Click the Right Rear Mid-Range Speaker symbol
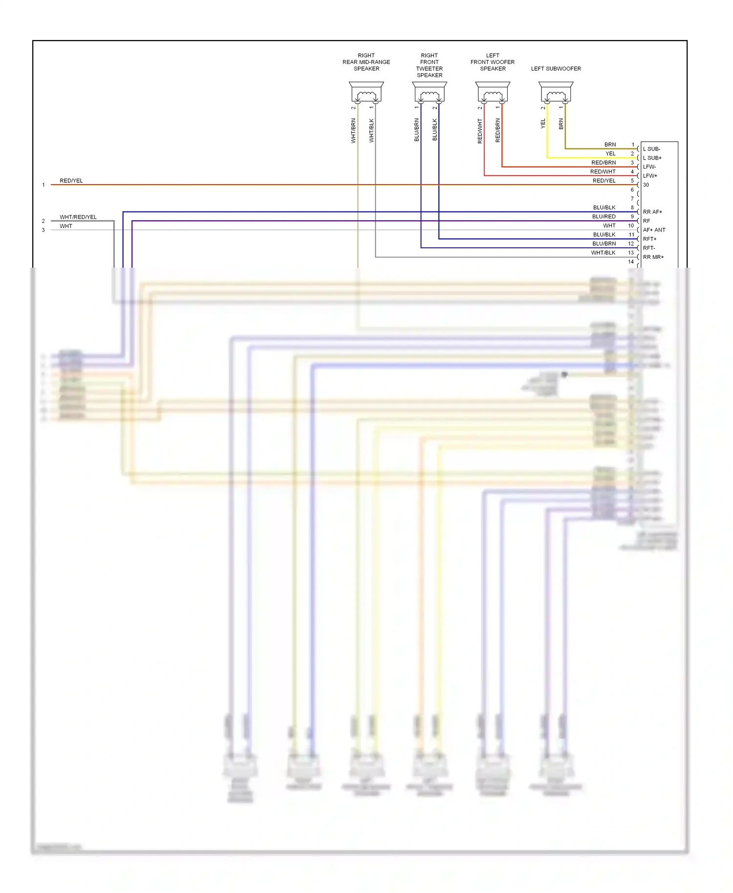pos(366,92)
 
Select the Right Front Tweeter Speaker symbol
pos(430,92)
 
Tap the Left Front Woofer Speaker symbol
pos(493,92)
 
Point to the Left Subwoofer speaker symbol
pos(556,92)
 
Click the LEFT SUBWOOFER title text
pos(556,69)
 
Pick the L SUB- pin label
pos(651,149)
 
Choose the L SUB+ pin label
pos(652,158)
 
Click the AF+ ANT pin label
pos(654,230)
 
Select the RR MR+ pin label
pos(653,257)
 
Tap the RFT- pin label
pos(649,248)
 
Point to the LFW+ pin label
pos(650,176)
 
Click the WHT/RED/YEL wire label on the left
pos(78,217)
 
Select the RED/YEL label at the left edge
pos(71,181)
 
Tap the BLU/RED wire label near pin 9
pos(604,217)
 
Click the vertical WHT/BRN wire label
pos(353,130)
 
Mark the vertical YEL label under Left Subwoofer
pos(543,124)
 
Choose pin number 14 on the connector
pos(631,262)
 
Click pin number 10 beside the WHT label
pos(631,226)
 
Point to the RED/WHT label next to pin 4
pos(603,172)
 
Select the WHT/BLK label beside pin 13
pos(604,253)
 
